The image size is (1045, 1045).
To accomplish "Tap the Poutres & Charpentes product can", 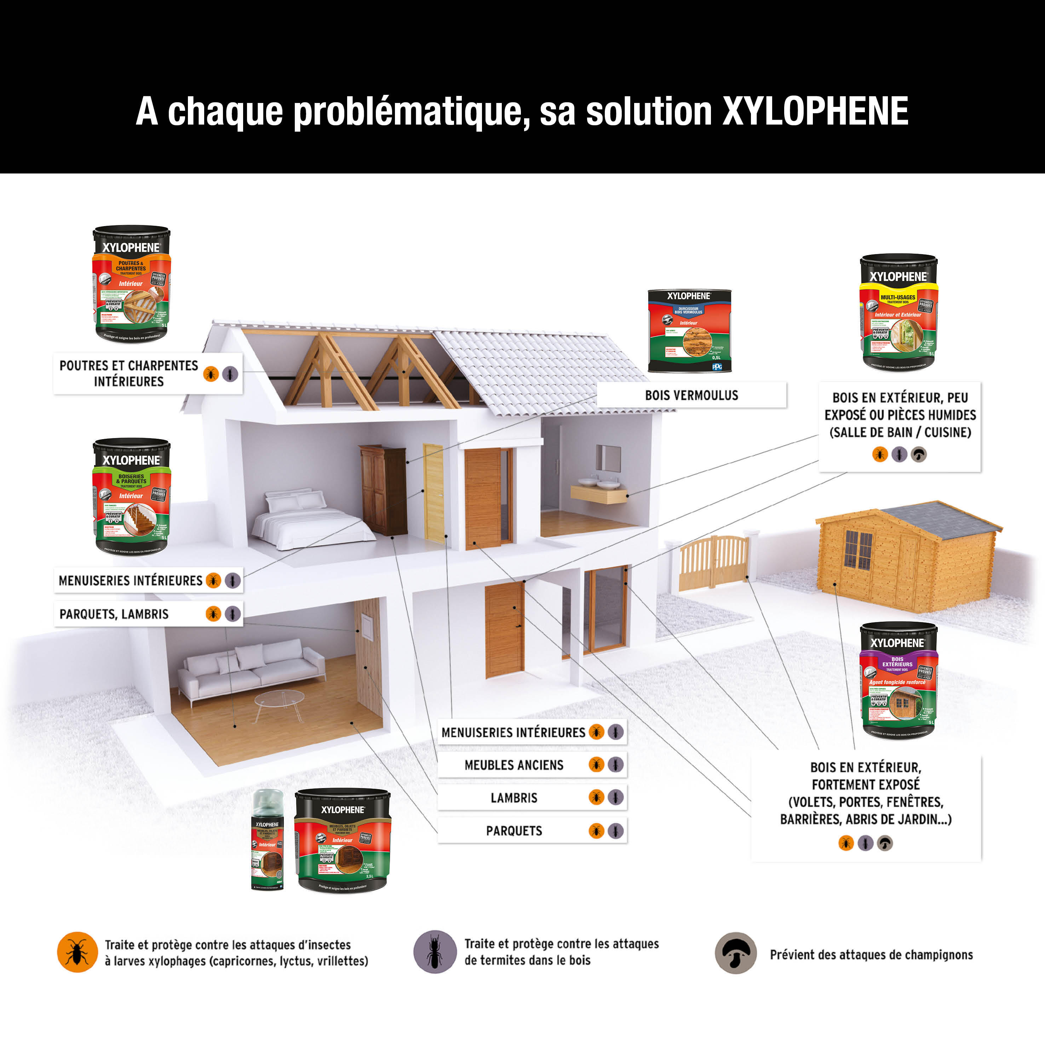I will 131,284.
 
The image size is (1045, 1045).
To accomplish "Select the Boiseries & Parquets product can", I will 131,496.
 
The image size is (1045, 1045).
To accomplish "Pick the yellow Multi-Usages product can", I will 898,312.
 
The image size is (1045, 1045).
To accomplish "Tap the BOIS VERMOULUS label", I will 691,395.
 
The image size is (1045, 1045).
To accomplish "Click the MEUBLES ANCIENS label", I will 514,765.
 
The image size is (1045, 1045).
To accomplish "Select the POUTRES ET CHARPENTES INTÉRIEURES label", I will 129,373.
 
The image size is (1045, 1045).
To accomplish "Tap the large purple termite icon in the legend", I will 435,952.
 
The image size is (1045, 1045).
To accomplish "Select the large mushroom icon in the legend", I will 735,953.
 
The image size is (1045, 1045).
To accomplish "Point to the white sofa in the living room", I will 252,668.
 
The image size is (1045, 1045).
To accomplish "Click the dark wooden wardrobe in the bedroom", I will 383,489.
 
